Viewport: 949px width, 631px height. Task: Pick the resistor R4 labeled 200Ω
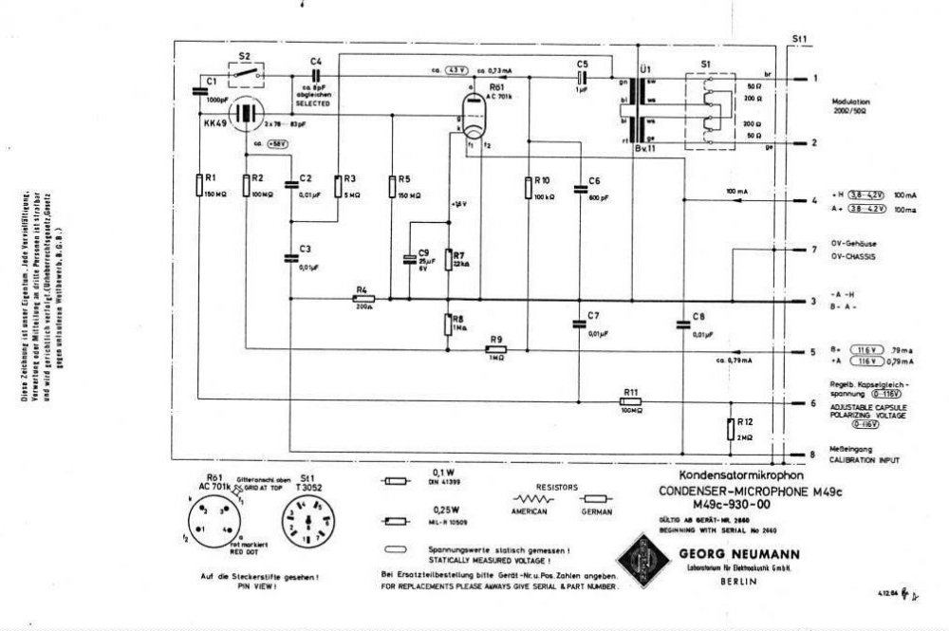[363, 298]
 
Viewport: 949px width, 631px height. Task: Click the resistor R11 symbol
[631, 401]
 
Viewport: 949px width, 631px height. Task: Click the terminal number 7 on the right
[812, 250]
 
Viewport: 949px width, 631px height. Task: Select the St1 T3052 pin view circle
[306, 526]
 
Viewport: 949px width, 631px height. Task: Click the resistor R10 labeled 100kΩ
[528, 187]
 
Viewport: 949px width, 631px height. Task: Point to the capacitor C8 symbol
[682, 325]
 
